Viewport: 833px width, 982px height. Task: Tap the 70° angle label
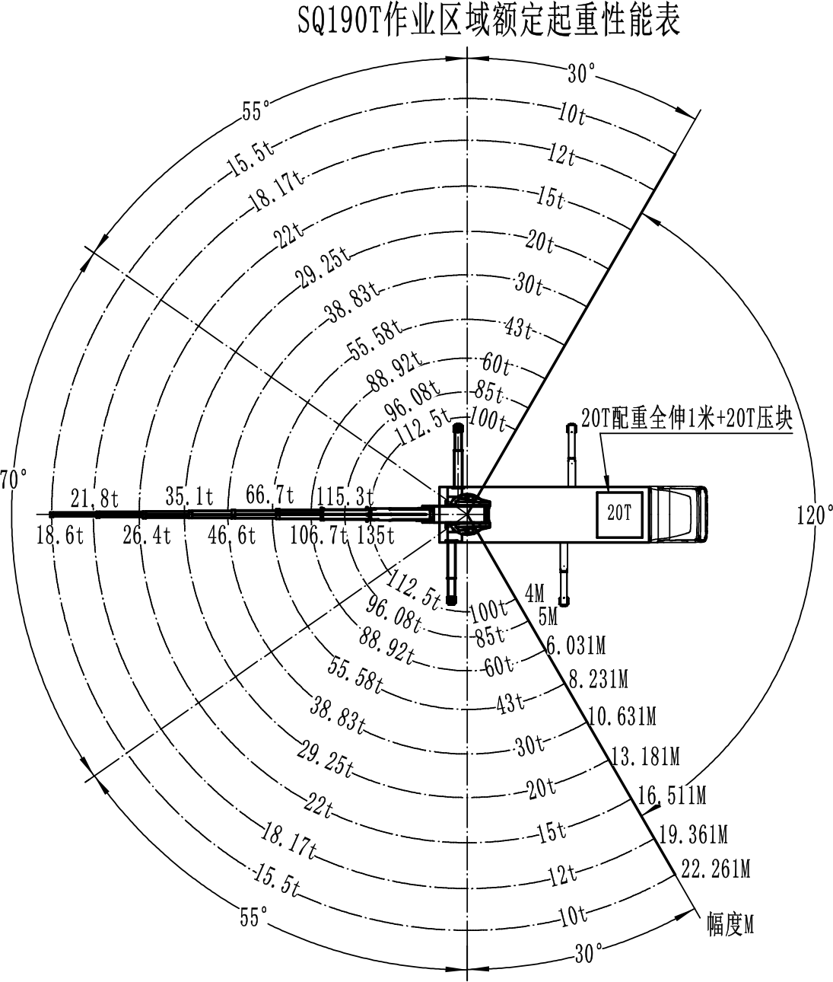(x=13, y=480)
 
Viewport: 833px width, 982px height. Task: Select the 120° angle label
(x=814, y=515)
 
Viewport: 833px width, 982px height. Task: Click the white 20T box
(x=619, y=514)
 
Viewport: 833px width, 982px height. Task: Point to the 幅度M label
(x=730, y=924)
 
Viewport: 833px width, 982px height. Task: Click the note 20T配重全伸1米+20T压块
(x=686, y=419)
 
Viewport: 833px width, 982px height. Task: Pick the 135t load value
(x=376, y=535)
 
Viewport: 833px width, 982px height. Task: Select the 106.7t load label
(x=319, y=535)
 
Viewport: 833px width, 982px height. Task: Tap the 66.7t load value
(x=270, y=495)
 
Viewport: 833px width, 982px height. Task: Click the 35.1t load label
(x=189, y=496)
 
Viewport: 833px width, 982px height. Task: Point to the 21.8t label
(x=95, y=498)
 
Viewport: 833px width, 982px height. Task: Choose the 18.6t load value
(x=60, y=535)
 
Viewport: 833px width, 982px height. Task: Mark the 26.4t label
(x=147, y=535)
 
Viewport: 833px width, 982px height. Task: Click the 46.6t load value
(x=231, y=535)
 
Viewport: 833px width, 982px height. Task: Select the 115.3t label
(x=345, y=497)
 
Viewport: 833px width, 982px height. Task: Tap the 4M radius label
(x=534, y=593)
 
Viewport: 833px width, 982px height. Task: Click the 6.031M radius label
(x=576, y=646)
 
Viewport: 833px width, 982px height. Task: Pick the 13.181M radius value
(x=645, y=757)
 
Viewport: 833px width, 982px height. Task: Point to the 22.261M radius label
(x=715, y=869)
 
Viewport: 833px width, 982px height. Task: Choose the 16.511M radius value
(x=672, y=795)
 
